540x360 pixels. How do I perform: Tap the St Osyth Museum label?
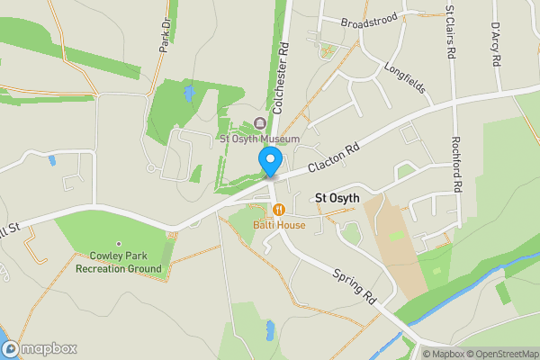click(x=260, y=139)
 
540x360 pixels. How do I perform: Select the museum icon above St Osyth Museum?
click(x=260, y=123)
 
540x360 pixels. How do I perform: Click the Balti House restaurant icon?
click(x=279, y=210)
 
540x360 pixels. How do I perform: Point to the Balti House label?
click(x=279, y=224)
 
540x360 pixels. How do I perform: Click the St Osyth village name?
click(x=337, y=198)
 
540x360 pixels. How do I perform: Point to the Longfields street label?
click(x=404, y=78)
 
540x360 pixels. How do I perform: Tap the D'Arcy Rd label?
click(x=495, y=43)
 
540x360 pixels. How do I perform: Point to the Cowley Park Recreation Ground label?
click(x=118, y=262)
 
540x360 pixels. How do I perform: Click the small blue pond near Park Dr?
click(x=188, y=93)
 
